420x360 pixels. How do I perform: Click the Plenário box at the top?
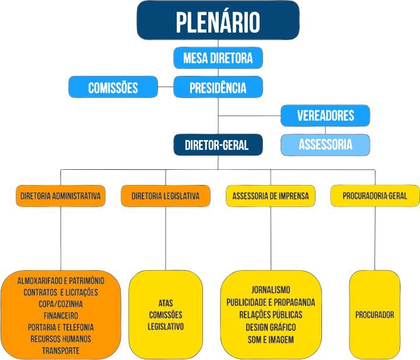pyautogui.click(x=218, y=21)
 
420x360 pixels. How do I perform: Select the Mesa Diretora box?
pyautogui.click(x=218, y=58)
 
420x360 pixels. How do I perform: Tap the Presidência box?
pyautogui.click(x=218, y=88)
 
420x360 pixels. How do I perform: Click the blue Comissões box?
pyautogui.click(x=113, y=88)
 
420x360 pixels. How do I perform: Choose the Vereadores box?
pyautogui.click(x=325, y=115)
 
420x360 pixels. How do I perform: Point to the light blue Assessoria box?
pyautogui.click(x=325, y=145)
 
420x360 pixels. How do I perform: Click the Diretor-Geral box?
pyautogui.click(x=216, y=145)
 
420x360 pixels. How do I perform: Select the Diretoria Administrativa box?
pyautogui.click(x=60, y=196)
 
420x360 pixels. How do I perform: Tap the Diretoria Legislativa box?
pyautogui.click(x=166, y=196)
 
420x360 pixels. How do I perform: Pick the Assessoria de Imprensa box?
pyautogui.click(x=270, y=196)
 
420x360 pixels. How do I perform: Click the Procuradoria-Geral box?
pyautogui.click(x=375, y=196)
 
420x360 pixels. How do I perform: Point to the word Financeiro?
pyautogui.click(x=61, y=315)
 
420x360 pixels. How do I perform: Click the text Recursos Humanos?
pyautogui.click(x=61, y=338)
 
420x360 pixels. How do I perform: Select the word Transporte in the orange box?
pyautogui.click(x=61, y=350)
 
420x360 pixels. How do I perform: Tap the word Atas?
pyautogui.click(x=166, y=303)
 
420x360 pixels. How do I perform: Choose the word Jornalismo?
pyautogui.click(x=271, y=289)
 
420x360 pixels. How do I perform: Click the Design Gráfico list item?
pyautogui.click(x=271, y=327)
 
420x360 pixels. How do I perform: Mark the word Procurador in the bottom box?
pyautogui.click(x=374, y=315)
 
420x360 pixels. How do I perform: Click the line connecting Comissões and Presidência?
pyautogui.click(x=166, y=88)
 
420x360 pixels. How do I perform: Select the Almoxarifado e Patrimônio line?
pyautogui.click(x=61, y=281)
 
